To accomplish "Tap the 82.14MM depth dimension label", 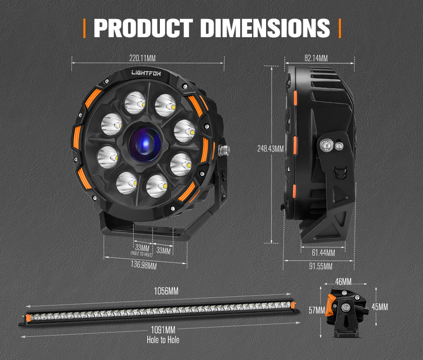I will tap(316, 58).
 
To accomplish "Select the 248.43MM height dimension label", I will tap(271, 149).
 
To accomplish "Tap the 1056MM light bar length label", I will tap(166, 291).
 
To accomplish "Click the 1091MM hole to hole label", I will tap(163, 330).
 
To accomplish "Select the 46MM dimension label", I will tap(343, 281).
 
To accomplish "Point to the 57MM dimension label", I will tap(317, 311).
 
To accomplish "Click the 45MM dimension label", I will tap(380, 307).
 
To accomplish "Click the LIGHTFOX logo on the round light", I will tap(150, 73).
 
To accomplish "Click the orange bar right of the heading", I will tap(339, 28).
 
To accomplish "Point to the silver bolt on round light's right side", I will tap(224, 149).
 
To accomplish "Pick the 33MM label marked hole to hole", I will tap(142, 249).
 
